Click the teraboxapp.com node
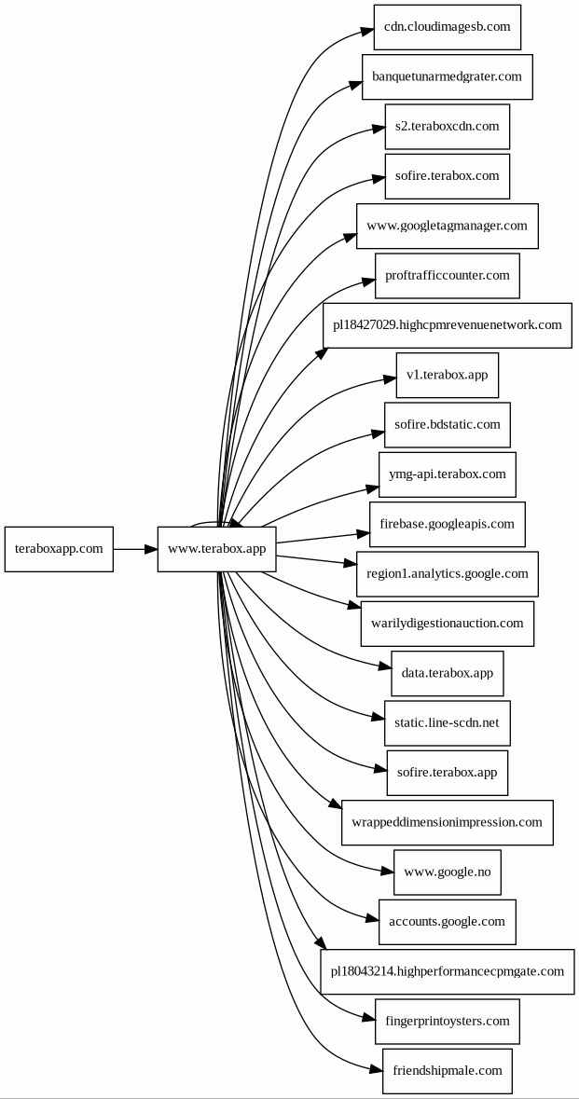(x=59, y=549)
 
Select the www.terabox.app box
(x=216, y=549)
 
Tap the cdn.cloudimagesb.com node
(x=448, y=27)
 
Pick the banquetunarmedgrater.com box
(x=448, y=77)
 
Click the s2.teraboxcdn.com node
(x=448, y=127)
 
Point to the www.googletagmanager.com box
(x=448, y=226)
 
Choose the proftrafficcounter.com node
(x=448, y=276)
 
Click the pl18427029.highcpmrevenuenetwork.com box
(x=448, y=325)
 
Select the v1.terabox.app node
(x=448, y=375)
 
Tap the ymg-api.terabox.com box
(x=448, y=474)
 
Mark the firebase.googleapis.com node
(x=448, y=524)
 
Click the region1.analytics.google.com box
(x=448, y=574)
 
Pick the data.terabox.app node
(x=448, y=674)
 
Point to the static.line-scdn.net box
(x=448, y=723)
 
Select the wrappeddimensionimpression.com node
(x=448, y=822)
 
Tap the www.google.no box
(x=448, y=872)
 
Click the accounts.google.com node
(x=448, y=922)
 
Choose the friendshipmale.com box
(x=448, y=1071)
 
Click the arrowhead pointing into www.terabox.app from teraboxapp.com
(x=151, y=549)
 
